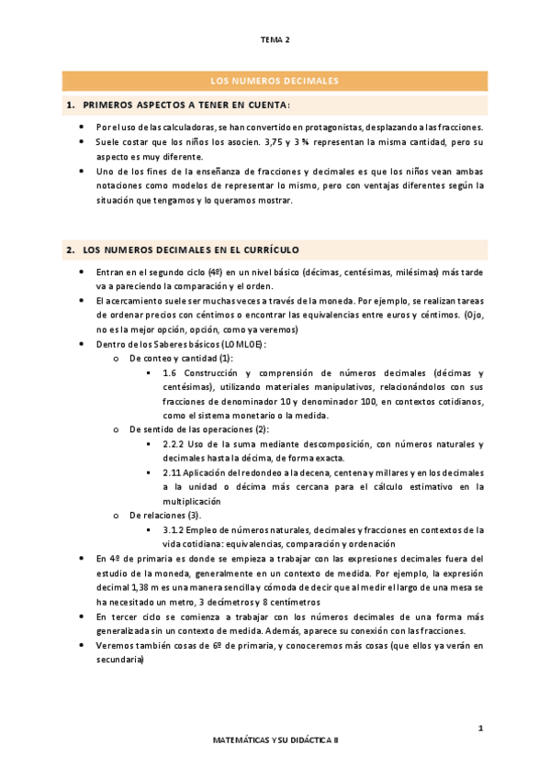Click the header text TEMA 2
pyautogui.click(x=275, y=40)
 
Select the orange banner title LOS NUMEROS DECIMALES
pyautogui.click(x=275, y=81)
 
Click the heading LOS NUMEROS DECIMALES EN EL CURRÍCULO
pyautogui.click(x=190, y=250)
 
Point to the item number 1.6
pyautogui.click(x=169, y=373)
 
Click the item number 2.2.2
pyautogui.click(x=174, y=444)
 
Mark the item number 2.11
pyautogui.click(x=171, y=472)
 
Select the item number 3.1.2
pyautogui.click(x=174, y=529)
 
